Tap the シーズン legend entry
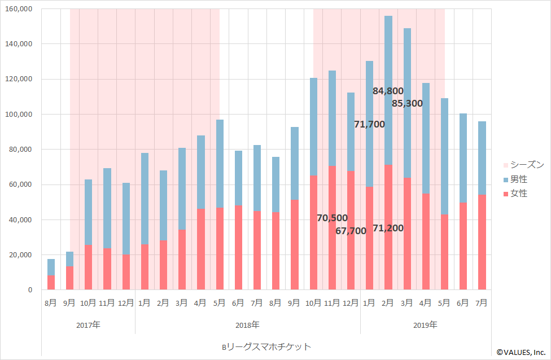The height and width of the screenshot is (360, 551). pos(523,165)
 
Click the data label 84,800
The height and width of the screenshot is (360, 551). pos(388,91)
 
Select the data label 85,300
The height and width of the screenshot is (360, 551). pos(406,104)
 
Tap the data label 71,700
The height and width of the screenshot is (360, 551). pos(369,124)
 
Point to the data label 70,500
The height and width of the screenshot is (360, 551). pos(332,218)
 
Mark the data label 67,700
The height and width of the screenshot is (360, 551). pos(351,231)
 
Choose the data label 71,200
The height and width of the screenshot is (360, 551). pos(388,229)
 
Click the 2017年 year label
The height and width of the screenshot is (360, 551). pos(88,325)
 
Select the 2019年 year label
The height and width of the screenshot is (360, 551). pos(425,325)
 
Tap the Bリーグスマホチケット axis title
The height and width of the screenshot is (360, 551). pos(266,346)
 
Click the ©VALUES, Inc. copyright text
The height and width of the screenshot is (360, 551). pos(522,352)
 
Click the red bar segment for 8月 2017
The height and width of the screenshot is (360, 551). pos(51,283)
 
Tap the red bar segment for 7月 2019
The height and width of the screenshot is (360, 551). pos(482,243)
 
